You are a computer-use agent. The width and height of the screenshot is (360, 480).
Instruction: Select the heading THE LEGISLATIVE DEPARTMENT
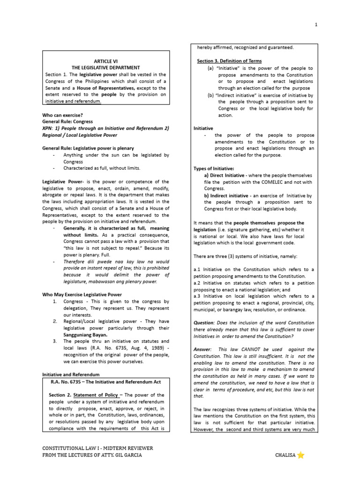[x=105, y=67]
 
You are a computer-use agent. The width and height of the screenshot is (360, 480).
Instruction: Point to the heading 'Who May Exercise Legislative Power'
[x=82, y=294]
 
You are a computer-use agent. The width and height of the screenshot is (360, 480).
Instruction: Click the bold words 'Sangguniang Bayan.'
[x=86, y=335]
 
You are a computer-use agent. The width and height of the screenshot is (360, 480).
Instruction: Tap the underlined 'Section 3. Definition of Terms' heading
[x=229, y=61]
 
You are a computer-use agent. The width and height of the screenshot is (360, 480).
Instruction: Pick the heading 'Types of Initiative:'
[x=214, y=168]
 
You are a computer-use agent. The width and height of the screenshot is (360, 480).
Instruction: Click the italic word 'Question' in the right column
[x=204, y=323]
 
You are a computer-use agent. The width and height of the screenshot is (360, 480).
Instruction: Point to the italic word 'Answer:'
[x=203, y=349]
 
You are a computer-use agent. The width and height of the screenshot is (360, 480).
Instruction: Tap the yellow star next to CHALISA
[x=301, y=455]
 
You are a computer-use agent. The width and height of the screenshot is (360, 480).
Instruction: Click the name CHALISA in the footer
[x=285, y=455]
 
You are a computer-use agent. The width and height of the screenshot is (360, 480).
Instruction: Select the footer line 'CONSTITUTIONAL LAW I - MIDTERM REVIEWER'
[x=97, y=448]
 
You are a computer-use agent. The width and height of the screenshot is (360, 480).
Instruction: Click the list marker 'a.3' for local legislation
[x=197, y=296]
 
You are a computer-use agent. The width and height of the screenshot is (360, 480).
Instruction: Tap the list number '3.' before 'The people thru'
[x=55, y=341]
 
